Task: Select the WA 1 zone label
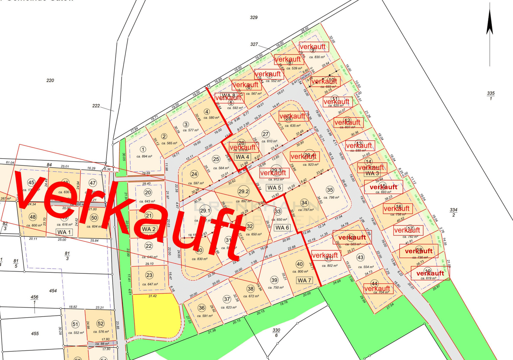click(64, 232)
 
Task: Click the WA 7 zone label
click(305, 281)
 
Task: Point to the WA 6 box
click(282, 228)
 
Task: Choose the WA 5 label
click(274, 187)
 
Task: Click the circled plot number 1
click(143, 150)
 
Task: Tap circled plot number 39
click(274, 280)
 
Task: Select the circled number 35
click(330, 190)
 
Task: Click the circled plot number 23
click(149, 275)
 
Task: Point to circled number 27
click(265, 134)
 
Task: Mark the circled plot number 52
click(100, 324)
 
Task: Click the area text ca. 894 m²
click(144, 156)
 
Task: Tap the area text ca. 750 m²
click(276, 287)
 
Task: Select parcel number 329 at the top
click(254, 17)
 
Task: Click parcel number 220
click(50, 81)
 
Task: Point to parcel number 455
click(35, 334)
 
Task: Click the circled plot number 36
click(202, 308)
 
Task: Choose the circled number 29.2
click(244, 191)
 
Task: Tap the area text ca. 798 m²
click(331, 197)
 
